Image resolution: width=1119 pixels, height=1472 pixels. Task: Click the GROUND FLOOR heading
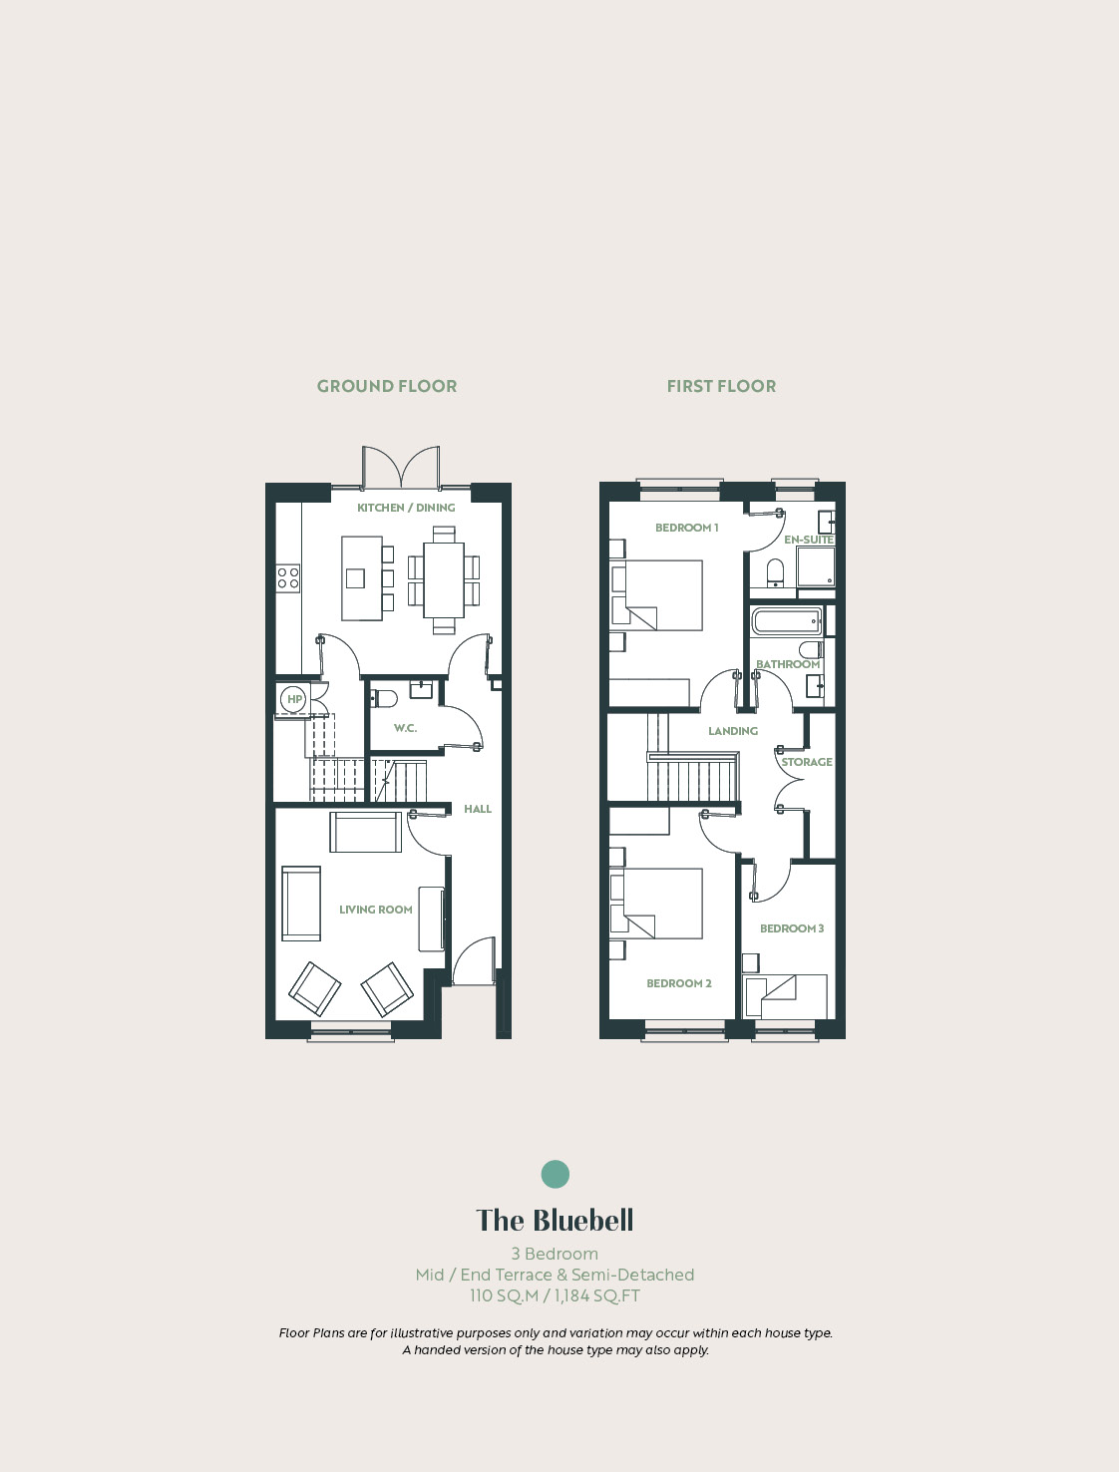pos(387,386)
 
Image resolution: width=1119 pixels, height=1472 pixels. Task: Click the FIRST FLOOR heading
pos(721,386)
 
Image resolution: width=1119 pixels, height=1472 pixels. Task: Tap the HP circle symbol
pos(294,699)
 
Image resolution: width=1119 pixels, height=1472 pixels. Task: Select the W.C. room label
pos(405,728)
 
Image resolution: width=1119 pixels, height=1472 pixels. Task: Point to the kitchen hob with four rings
pos(288,577)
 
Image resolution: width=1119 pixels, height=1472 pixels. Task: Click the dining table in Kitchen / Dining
pos(444,579)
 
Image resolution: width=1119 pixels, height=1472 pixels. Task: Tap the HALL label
pos(478,809)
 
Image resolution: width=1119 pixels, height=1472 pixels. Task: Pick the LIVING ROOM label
pos(375,910)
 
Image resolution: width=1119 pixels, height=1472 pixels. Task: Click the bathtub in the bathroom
pos(787,621)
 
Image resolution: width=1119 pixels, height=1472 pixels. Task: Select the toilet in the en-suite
pos(776,573)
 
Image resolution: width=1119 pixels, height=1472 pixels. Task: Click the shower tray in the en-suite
pos(816,566)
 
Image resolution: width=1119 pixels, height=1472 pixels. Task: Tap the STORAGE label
pos(807,762)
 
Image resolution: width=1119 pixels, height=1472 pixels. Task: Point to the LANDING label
pos(733,731)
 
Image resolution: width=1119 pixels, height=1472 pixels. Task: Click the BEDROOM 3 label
pos(792,928)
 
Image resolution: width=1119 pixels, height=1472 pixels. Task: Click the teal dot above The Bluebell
pos(556,1174)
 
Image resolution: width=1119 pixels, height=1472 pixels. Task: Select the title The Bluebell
pos(556,1220)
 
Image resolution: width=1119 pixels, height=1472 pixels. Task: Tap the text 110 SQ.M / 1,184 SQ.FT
pos(556,1294)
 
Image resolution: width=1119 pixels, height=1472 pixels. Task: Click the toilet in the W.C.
pos(384,699)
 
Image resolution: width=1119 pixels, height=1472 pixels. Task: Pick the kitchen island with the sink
pos(362,577)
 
